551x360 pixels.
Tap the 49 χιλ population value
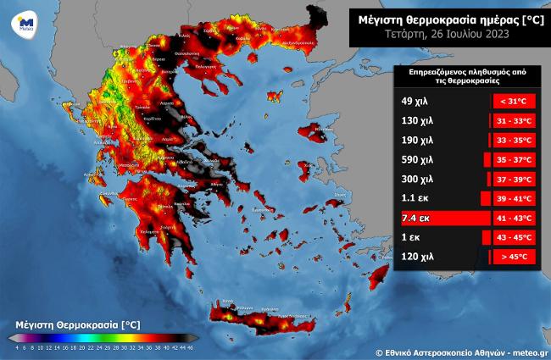point(413,101)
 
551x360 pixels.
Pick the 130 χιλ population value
point(416,120)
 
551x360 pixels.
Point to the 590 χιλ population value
point(416,159)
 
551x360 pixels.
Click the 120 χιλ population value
point(416,257)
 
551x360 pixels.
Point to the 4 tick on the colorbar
point(17,346)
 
